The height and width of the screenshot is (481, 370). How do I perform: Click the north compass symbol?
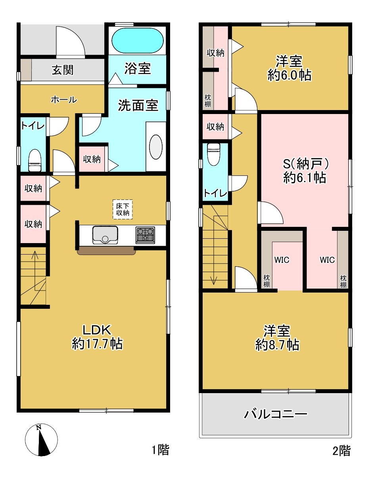tap(41, 440)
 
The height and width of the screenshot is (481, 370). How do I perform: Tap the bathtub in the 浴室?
tap(137, 40)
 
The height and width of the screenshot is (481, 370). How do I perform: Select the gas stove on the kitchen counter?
tap(145, 235)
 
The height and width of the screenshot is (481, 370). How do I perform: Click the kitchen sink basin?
tap(105, 235)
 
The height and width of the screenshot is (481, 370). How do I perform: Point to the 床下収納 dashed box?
tap(123, 209)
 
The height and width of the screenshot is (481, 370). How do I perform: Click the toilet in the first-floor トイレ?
tap(35, 160)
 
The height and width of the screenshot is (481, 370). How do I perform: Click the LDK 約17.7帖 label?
tap(97, 337)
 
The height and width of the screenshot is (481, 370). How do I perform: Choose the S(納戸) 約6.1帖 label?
tap(305, 171)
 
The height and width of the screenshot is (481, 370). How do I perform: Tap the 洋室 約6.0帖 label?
tap(289, 68)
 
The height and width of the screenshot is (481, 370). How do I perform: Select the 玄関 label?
tap(63, 70)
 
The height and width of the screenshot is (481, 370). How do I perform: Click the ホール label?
tap(63, 100)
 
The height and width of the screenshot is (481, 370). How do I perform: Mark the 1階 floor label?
tap(161, 450)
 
